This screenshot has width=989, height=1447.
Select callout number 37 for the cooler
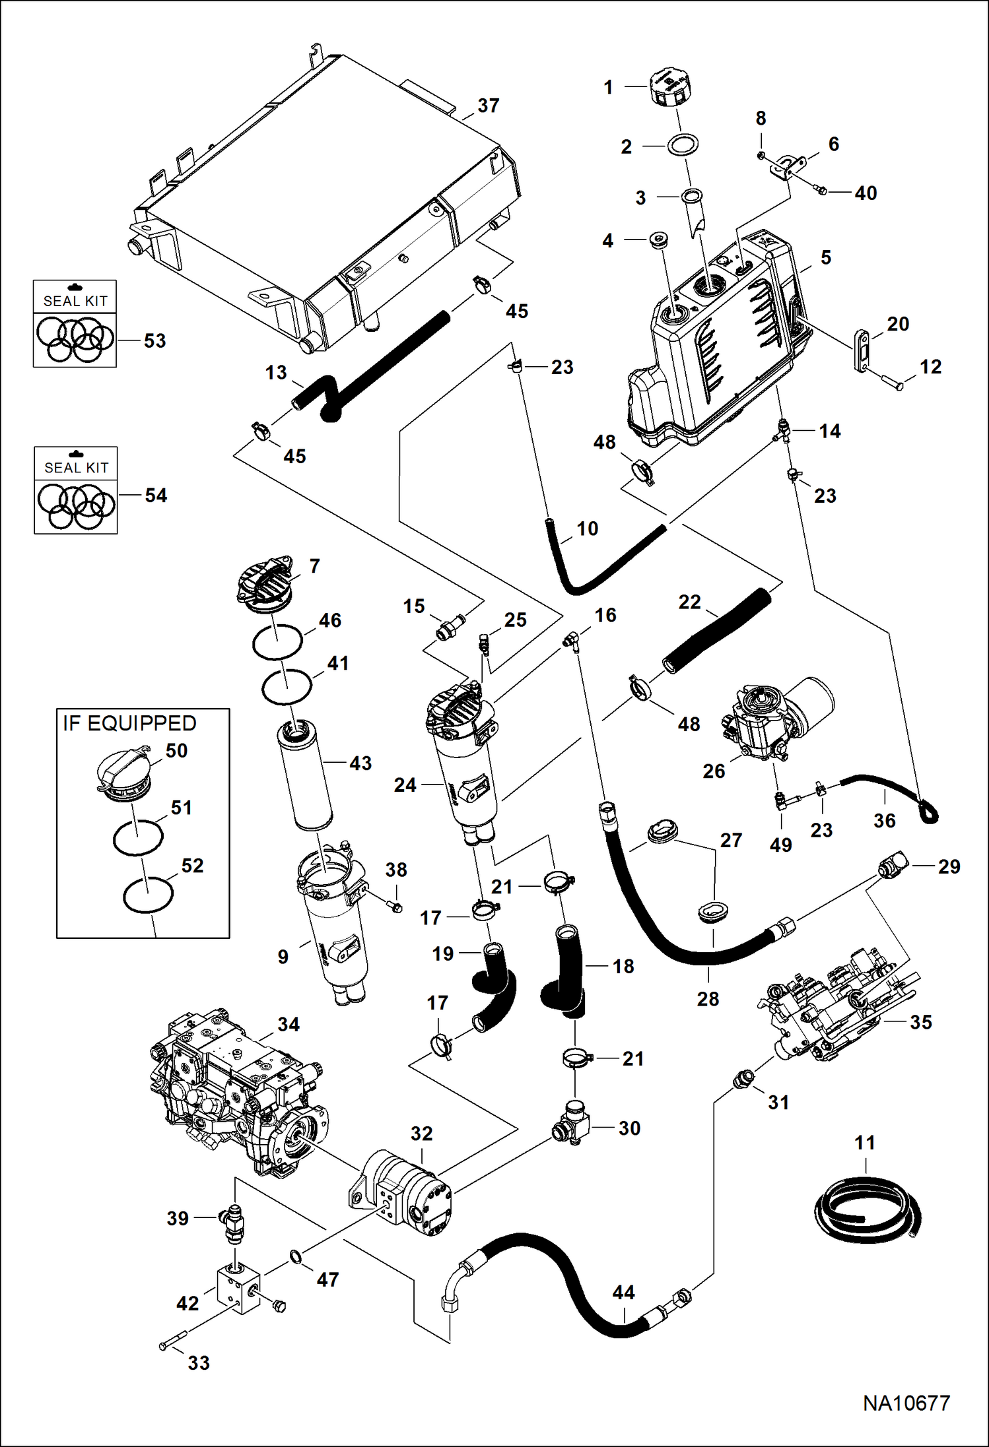(489, 106)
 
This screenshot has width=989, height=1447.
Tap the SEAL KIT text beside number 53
(75, 301)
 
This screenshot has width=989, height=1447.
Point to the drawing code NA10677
(906, 1403)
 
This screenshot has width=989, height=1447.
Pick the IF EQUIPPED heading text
(129, 723)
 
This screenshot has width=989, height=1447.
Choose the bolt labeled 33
(174, 1341)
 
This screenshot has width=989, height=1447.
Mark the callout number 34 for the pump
(289, 1024)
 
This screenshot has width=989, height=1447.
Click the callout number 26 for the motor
(714, 771)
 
